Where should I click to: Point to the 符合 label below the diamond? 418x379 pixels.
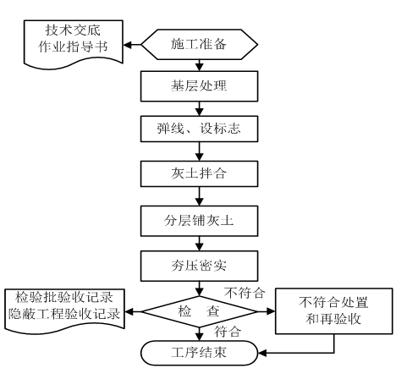point(227,332)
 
